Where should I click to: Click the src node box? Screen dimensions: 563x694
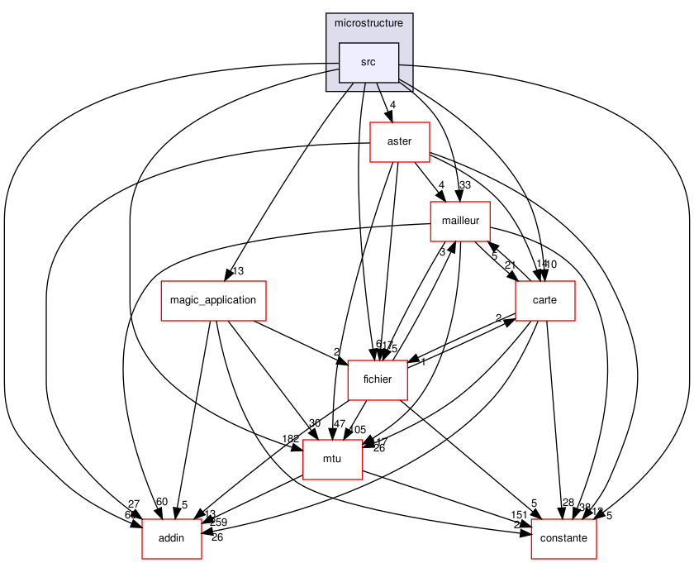coord(369,63)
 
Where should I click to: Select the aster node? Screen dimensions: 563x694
coord(400,142)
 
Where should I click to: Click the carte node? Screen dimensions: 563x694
coord(544,301)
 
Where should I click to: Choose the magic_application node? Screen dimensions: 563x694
coord(212,300)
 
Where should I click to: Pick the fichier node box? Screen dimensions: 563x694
coord(378,379)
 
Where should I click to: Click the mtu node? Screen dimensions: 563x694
coord(332,459)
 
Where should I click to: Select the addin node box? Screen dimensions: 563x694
coord(172,538)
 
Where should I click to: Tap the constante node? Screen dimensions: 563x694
coord(563,538)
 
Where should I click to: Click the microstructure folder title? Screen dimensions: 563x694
coord(368,22)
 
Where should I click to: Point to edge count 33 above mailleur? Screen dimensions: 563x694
coord(464,185)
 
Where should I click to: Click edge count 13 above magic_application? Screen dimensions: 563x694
coord(238,271)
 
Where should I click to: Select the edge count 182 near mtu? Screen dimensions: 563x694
coord(290,438)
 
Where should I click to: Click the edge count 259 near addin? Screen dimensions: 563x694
coord(217,522)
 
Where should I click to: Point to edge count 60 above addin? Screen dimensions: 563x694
coord(161,502)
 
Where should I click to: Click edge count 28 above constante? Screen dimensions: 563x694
coord(568,503)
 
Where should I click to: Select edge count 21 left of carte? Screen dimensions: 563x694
coord(510,265)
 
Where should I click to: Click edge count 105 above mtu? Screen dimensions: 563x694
coord(357,430)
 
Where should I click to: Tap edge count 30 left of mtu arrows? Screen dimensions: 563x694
coord(315,423)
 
